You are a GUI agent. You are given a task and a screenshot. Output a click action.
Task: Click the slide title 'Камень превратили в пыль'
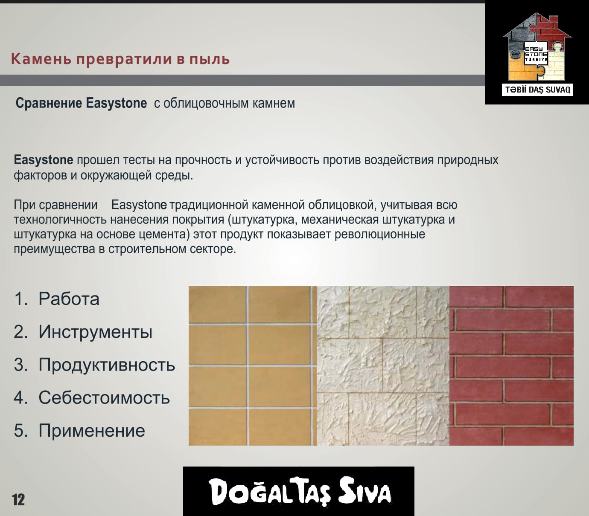click(x=120, y=59)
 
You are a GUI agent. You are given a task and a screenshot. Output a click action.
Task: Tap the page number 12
click(x=18, y=500)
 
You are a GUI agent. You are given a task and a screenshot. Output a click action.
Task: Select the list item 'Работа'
click(x=69, y=299)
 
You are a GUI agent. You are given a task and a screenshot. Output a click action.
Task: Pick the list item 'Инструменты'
click(x=95, y=332)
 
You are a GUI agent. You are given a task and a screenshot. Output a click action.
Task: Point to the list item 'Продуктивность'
click(x=107, y=365)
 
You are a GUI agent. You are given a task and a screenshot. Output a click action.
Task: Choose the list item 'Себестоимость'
click(x=104, y=398)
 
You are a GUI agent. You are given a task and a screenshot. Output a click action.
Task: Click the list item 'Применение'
click(x=92, y=431)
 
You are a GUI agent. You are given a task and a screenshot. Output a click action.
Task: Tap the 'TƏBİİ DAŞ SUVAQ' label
click(x=537, y=90)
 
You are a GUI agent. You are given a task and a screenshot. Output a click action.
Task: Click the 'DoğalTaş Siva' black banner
click(x=299, y=491)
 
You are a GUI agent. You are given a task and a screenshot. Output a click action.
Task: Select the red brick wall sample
click(x=511, y=366)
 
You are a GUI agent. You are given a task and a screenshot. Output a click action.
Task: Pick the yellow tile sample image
click(x=252, y=366)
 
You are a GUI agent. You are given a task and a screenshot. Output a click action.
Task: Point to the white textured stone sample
click(x=383, y=366)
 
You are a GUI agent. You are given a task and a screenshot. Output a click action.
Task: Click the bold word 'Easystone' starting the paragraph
click(x=44, y=160)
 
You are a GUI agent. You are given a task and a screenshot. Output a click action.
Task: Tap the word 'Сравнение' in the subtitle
click(x=49, y=103)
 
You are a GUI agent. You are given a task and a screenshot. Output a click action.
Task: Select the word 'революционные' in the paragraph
click(x=380, y=234)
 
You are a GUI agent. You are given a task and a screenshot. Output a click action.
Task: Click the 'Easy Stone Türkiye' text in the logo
click(x=536, y=53)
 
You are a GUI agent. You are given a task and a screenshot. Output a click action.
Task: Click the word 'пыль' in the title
click(x=210, y=59)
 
